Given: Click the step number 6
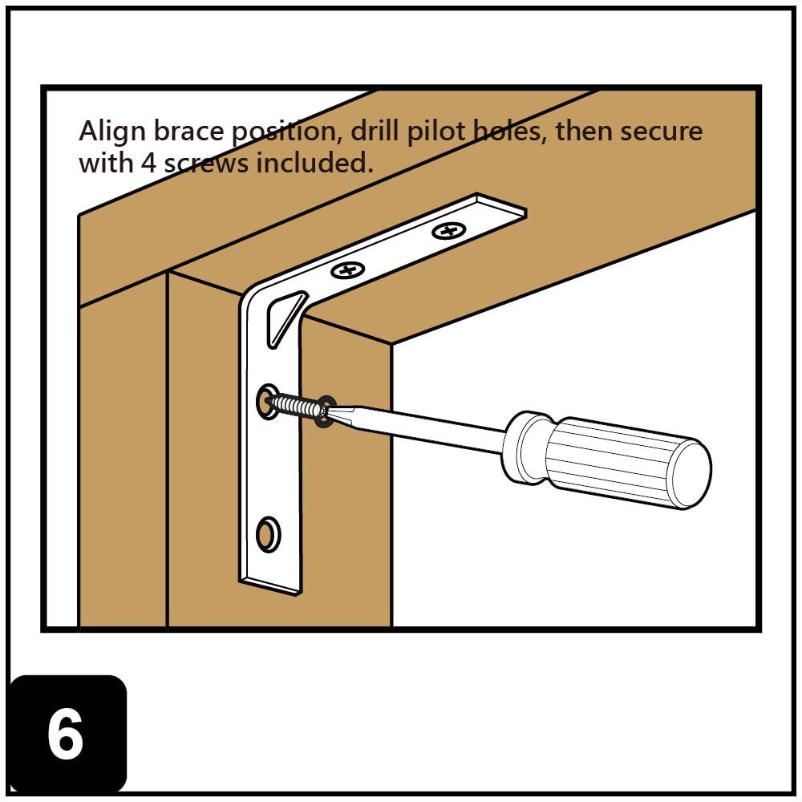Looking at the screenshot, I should [66, 735].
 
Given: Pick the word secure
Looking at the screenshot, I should [661, 131].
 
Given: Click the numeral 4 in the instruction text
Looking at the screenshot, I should [148, 163].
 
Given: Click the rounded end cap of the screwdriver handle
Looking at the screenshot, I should [689, 473].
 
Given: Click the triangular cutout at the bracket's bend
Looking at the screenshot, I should [284, 317].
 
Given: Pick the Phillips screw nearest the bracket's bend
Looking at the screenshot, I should [347, 270].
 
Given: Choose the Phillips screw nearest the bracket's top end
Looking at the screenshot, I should [448, 233].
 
